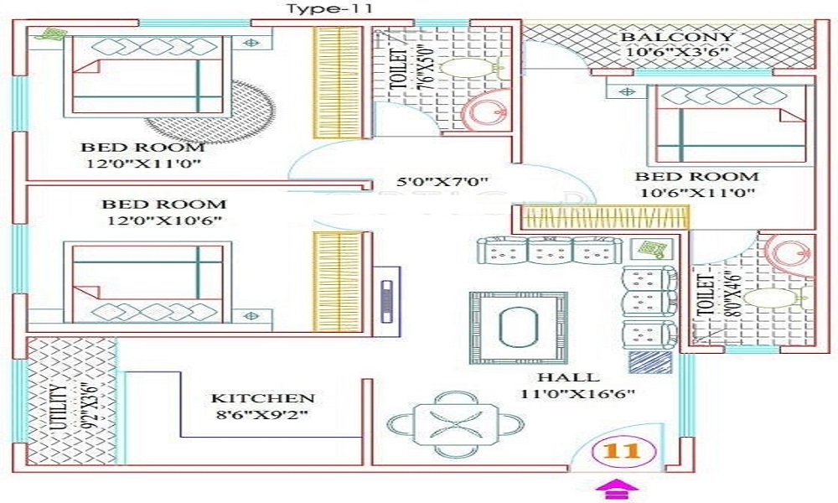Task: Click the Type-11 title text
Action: click(329, 8)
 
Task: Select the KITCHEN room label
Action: click(262, 398)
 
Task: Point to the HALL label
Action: click(568, 377)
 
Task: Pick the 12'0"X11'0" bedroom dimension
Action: click(143, 163)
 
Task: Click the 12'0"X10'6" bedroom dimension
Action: click(164, 220)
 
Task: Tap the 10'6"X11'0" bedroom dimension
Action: click(697, 193)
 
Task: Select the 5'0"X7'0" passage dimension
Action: click(442, 182)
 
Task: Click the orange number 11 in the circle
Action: click(623, 451)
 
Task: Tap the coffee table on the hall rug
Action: click(518, 327)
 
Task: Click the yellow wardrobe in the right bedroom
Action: click(605, 218)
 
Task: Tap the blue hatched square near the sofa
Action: click(650, 362)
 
